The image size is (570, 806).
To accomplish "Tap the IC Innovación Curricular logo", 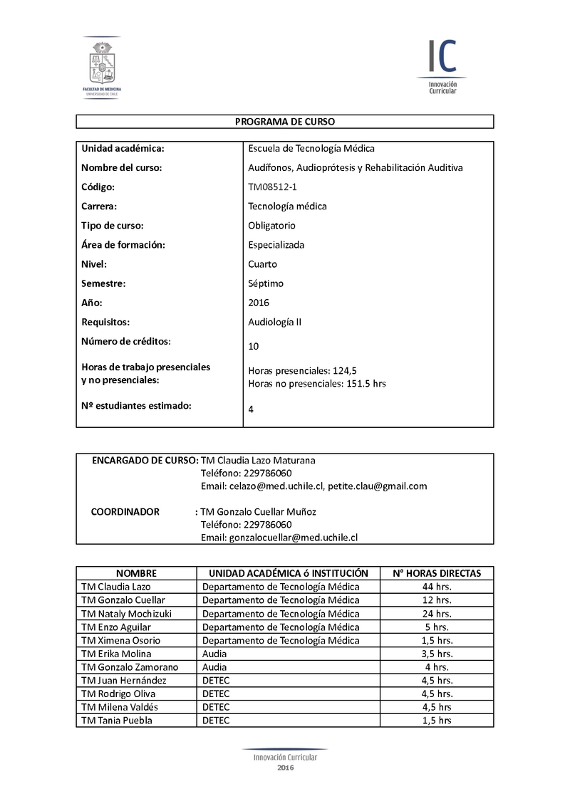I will point(442,66).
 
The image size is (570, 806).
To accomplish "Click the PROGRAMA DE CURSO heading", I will point(285,122).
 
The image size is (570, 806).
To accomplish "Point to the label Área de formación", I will point(123,245).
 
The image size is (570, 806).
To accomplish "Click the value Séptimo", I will point(266,283).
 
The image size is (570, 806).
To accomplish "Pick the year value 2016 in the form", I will point(259,303).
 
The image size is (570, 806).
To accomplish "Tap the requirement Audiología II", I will point(274,322).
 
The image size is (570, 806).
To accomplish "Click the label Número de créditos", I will point(126,341).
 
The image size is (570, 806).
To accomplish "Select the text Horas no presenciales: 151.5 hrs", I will point(317,384).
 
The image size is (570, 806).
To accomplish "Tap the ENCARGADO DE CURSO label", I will point(145,461).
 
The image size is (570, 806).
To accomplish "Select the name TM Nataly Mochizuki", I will point(127,614).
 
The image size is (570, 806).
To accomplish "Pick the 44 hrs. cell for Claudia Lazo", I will point(437,587).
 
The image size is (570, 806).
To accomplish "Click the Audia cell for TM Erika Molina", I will point(214,654).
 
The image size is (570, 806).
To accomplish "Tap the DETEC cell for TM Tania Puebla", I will point(216,721).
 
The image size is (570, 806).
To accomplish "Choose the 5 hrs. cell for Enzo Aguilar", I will point(437,627).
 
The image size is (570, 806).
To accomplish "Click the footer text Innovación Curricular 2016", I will point(285,760).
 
